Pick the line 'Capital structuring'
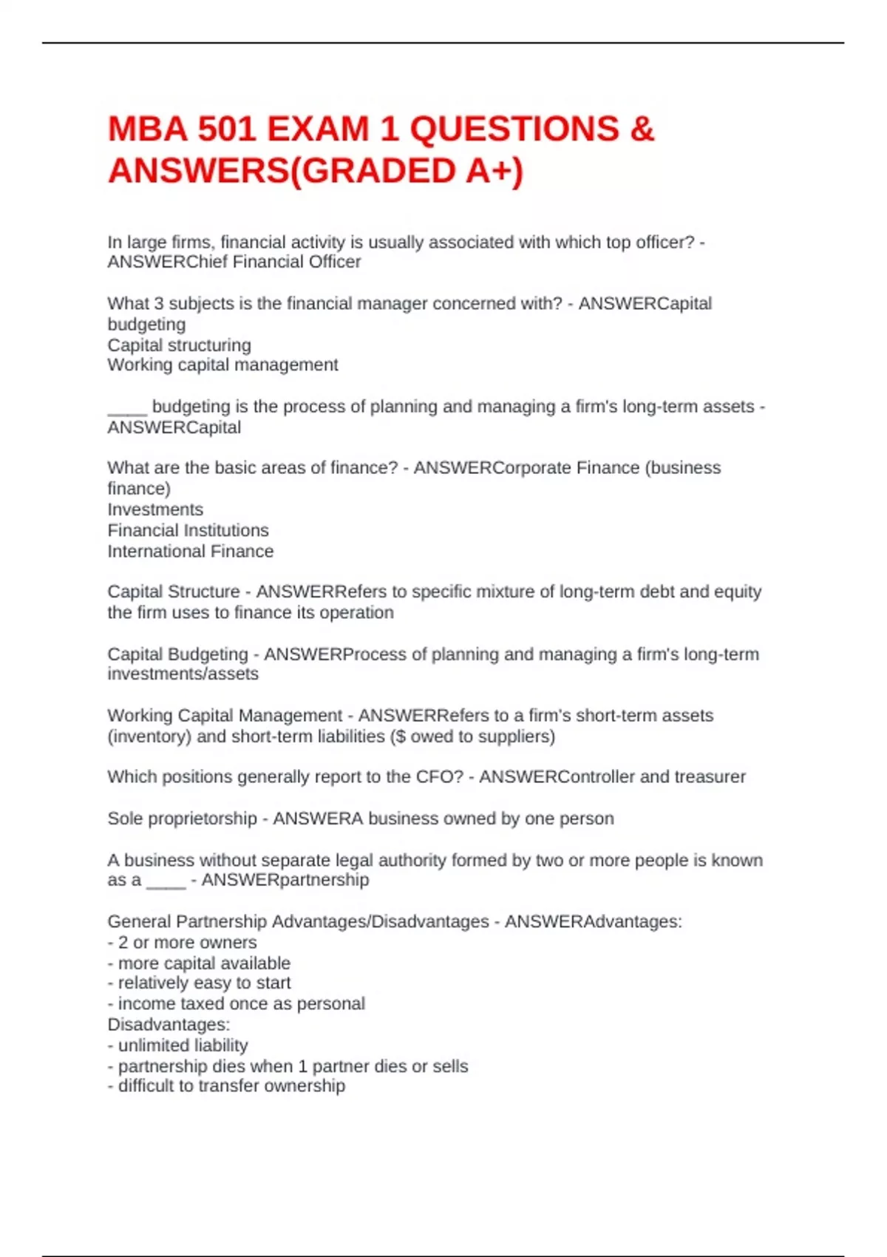pyautogui.click(x=179, y=345)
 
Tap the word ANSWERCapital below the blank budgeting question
pyautogui.click(x=174, y=427)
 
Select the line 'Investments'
pyautogui.click(x=155, y=509)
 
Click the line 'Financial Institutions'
pyautogui.click(x=188, y=530)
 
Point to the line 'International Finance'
pyautogui.click(x=190, y=551)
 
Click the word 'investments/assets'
pyautogui.click(x=183, y=674)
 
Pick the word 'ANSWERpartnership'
pyautogui.click(x=285, y=880)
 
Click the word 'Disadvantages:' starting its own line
pyautogui.click(x=169, y=1025)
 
